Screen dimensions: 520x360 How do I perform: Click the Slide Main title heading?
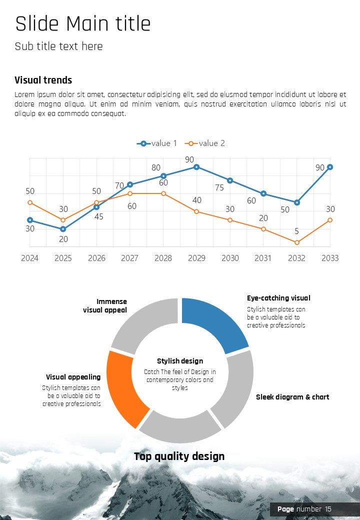pyautogui.click(x=83, y=24)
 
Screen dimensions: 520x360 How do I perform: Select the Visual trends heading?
pyautogui.click(x=43, y=80)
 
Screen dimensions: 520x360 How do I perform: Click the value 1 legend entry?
pyautogui.click(x=157, y=143)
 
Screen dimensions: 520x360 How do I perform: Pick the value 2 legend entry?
pyautogui.click(x=205, y=143)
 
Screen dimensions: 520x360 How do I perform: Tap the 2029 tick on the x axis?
pyautogui.click(x=196, y=258)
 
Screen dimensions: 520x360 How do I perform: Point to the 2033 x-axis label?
pyautogui.click(x=330, y=258)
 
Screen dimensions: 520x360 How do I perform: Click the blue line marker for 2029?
pyautogui.click(x=196, y=167)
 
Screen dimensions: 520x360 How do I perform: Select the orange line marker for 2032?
pyautogui.click(x=297, y=242)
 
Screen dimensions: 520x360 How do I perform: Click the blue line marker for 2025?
pyautogui.click(x=63, y=229)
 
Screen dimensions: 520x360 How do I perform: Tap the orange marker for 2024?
pyautogui.click(x=30, y=202)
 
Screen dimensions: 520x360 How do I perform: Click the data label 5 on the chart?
pyautogui.click(x=296, y=231)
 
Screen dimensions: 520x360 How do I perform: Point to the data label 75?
pyautogui.click(x=219, y=188)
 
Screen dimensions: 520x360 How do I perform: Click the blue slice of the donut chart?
pyautogui.click(x=212, y=322)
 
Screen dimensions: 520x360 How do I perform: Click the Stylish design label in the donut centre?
pyautogui.click(x=180, y=361)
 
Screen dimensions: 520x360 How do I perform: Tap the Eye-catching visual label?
pyautogui.click(x=278, y=298)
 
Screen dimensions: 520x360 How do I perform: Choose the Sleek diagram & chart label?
pyautogui.click(x=292, y=397)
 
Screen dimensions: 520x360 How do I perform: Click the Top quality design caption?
pyautogui.click(x=179, y=456)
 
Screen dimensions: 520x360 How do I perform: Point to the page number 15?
pyautogui.click(x=328, y=509)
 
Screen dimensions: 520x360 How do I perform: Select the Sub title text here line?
pyautogui.click(x=59, y=46)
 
